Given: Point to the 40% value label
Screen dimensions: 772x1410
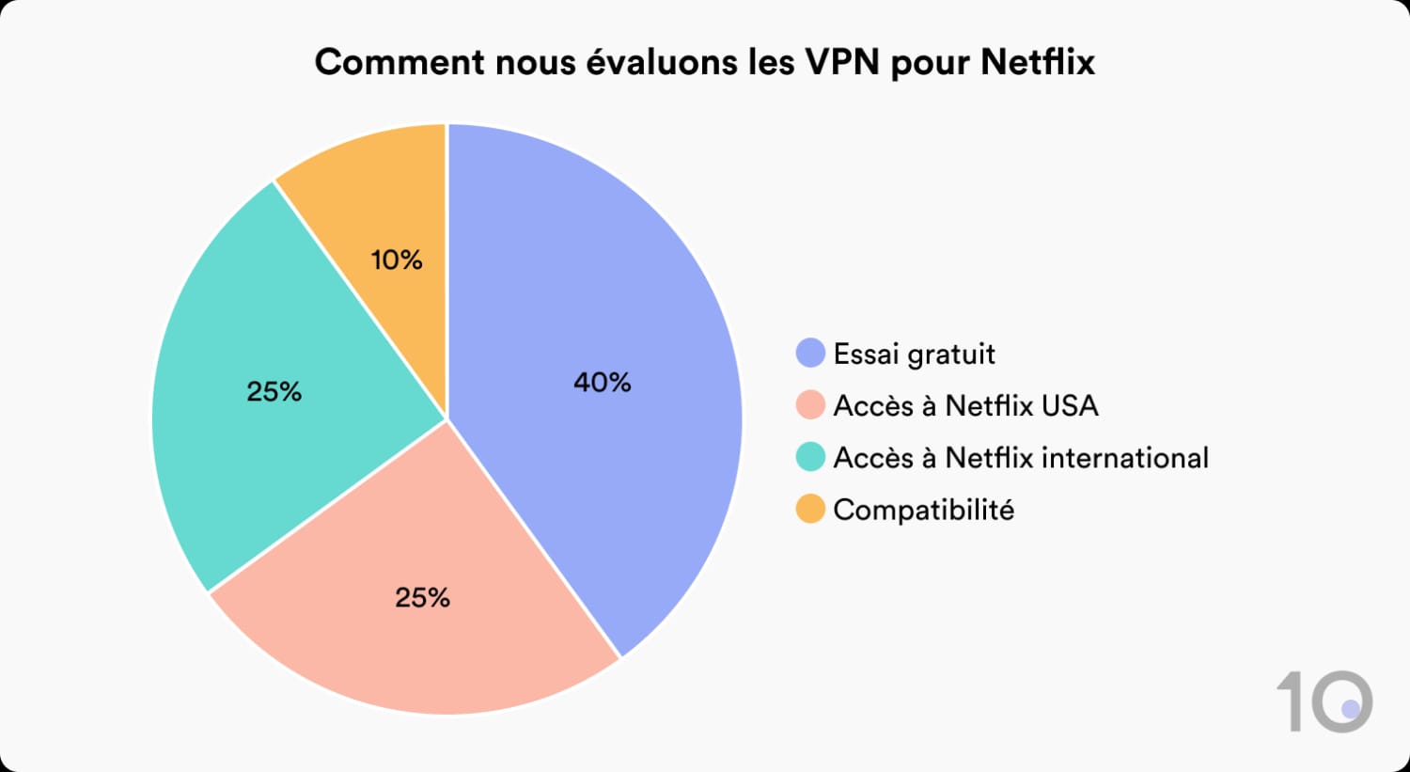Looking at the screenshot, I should (x=603, y=383).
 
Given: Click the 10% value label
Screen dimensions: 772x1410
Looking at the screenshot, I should (x=397, y=260).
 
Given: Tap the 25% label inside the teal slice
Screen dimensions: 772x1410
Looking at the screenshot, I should (x=274, y=392).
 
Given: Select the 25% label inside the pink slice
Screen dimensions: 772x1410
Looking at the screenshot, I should (x=423, y=598).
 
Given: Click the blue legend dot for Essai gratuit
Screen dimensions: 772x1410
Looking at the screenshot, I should (x=810, y=354).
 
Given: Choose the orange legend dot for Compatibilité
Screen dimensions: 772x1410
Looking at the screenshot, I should (x=810, y=510).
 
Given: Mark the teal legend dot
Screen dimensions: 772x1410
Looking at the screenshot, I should (x=810, y=458).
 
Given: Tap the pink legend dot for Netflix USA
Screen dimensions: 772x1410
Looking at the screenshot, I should (x=810, y=405).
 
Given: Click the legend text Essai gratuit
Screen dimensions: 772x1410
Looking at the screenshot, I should (x=914, y=354).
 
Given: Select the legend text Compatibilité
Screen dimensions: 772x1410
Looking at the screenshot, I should (x=923, y=510).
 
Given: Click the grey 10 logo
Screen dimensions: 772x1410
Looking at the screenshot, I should (x=1325, y=701).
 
